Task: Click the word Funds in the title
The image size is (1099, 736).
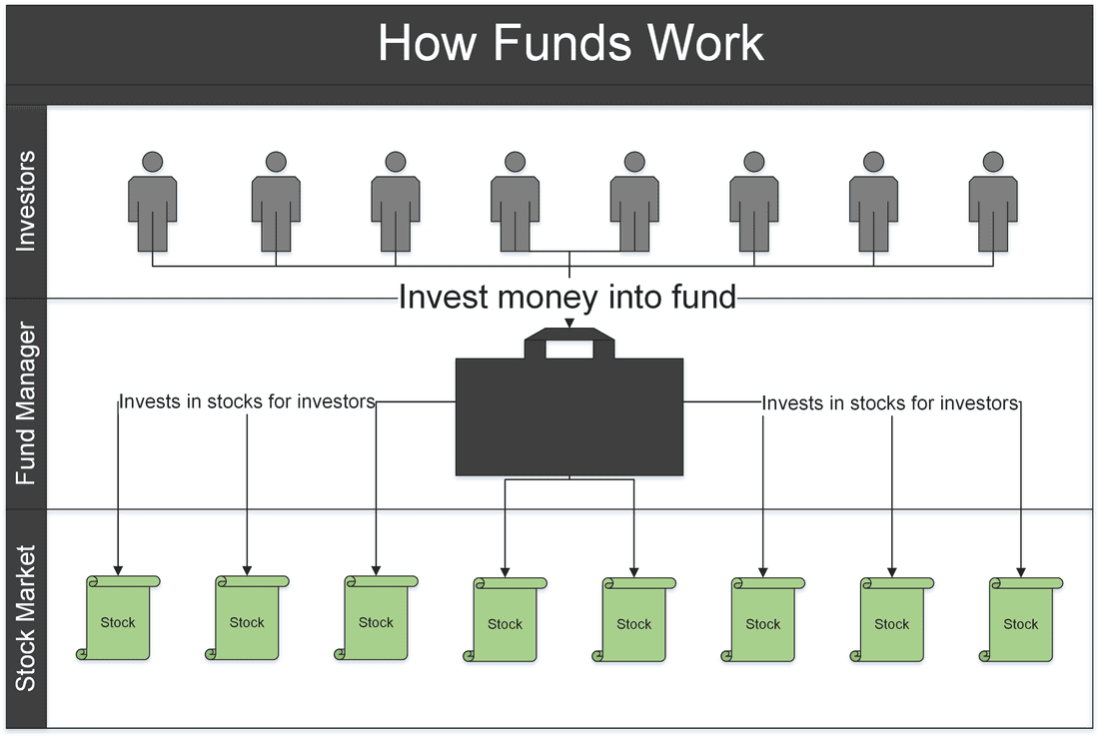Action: point(562,43)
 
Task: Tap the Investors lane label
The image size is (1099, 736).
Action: point(25,201)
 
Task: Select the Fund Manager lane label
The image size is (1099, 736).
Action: point(25,403)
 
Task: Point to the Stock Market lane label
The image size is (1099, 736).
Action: point(25,618)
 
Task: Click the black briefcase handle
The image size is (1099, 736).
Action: point(569,342)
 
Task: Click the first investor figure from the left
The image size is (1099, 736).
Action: point(152,202)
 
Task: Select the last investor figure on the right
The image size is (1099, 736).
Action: point(992,202)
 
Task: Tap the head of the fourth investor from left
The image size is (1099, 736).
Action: point(516,162)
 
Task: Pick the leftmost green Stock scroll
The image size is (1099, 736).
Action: point(118,617)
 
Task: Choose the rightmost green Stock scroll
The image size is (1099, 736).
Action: point(1020,620)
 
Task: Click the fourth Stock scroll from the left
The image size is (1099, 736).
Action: point(505,620)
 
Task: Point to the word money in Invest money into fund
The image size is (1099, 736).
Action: point(549,298)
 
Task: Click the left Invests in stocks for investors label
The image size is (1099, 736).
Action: point(247,401)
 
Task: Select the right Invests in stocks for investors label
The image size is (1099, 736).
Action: point(890,403)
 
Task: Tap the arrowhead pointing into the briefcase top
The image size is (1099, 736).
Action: point(569,323)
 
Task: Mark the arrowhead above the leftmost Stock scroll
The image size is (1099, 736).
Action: point(118,571)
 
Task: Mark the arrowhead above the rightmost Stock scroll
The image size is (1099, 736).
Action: point(1020,572)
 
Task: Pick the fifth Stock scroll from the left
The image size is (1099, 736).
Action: point(633,620)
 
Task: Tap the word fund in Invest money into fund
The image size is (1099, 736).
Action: point(703,297)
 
